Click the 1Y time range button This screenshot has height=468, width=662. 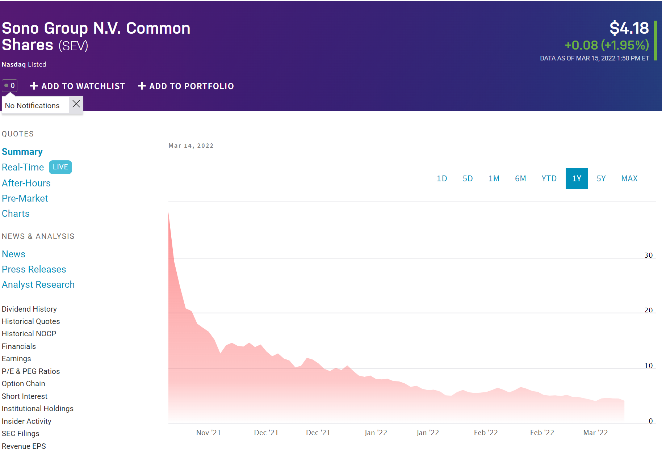577,178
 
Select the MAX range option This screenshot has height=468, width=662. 629,178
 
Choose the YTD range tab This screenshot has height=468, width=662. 549,178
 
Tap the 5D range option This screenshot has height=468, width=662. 468,178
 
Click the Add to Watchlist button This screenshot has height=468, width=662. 77,86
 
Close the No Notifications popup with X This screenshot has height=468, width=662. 76,104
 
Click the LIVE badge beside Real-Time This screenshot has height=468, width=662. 60,167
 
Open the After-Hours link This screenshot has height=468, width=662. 26,183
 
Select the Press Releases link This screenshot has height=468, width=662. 34,269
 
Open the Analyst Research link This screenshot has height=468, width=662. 38,284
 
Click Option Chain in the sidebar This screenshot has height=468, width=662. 24,384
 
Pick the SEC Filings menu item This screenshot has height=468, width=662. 20,434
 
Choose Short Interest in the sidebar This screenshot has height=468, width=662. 25,396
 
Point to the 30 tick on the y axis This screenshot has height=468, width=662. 648,255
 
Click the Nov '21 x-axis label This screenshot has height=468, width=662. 208,433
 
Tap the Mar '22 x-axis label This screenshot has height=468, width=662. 595,433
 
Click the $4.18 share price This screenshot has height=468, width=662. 629,28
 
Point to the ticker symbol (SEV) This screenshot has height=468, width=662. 73,46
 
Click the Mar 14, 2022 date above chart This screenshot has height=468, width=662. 191,146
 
